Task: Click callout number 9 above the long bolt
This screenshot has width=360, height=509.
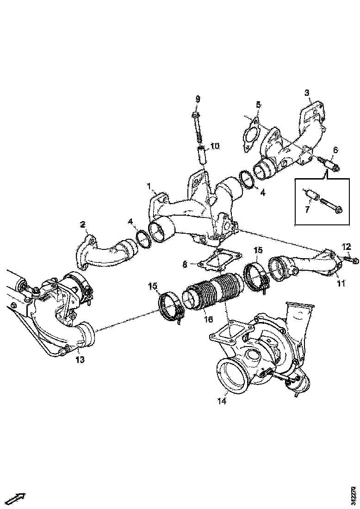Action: click(198, 99)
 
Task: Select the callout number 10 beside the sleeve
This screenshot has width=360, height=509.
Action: click(215, 146)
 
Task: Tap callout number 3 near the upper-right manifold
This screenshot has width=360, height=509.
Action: click(307, 93)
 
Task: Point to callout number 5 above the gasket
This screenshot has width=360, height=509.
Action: click(258, 105)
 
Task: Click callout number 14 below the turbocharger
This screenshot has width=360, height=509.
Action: click(223, 401)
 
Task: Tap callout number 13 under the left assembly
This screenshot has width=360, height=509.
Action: click(80, 360)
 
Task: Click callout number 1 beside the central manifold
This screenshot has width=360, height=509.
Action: click(149, 186)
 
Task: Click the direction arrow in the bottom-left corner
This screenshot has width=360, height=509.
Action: click(17, 498)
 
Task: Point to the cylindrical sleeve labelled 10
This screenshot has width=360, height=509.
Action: click(202, 154)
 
